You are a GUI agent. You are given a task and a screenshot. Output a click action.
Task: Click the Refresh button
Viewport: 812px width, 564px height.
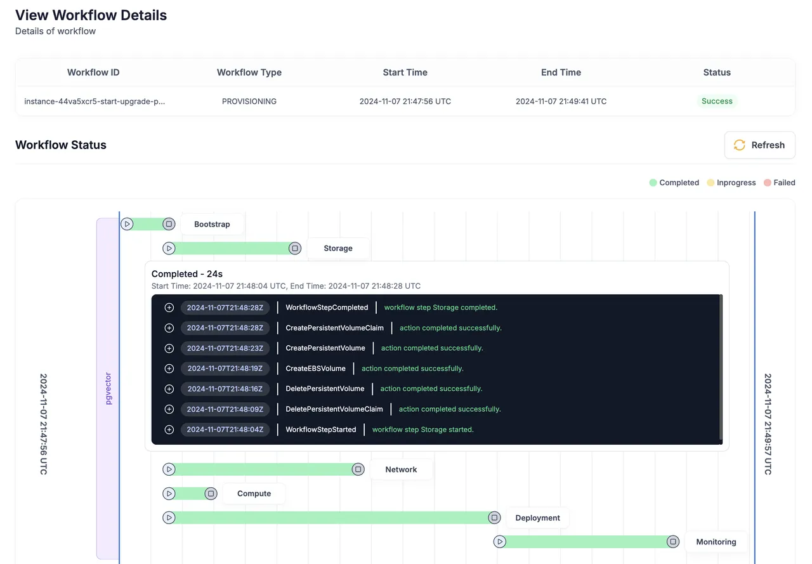tap(759, 145)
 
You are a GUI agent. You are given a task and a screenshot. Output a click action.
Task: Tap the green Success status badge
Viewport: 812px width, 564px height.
tap(717, 101)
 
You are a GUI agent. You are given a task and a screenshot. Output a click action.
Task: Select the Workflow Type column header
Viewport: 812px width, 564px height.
tap(249, 72)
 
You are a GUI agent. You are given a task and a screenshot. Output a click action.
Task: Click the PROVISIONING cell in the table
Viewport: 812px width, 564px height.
tap(249, 102)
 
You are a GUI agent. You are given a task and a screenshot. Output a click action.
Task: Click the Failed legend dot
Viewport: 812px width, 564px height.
tap(767, 183)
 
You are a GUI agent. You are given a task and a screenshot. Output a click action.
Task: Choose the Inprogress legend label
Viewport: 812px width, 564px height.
tap(736, 183)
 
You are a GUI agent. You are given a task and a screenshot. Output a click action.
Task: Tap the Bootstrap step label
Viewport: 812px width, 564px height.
tap(212, 225)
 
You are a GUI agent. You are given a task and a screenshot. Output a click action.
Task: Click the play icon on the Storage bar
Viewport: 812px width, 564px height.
tap(169, 248)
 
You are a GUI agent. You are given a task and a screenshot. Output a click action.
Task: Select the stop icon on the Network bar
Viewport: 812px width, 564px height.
tap(358, 469)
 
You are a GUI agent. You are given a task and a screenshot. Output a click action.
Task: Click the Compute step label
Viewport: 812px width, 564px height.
tap(254, 494)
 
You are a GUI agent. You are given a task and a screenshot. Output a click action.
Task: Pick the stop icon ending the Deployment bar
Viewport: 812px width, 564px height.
tap(494, 518)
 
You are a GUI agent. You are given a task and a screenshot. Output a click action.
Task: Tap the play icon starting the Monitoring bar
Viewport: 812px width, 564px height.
tap(499, 542)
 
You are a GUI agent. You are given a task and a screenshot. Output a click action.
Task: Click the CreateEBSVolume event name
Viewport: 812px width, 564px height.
tap(315, 369)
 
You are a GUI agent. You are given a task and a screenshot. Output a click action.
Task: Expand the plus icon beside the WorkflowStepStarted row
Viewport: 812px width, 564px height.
tap(169, 430)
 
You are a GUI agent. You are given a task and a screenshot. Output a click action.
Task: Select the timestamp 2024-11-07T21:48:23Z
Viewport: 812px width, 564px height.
tap(225, 348)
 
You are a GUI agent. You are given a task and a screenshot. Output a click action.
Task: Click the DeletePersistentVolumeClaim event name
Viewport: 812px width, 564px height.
tap(334, 409)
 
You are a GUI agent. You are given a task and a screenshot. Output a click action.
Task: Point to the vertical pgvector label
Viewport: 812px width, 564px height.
tap(108, 388)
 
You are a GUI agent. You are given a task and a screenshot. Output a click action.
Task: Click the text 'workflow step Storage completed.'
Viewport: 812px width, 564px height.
tap(440, 307)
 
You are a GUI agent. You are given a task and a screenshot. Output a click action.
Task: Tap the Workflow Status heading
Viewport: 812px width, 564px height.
tap(60, 145)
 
